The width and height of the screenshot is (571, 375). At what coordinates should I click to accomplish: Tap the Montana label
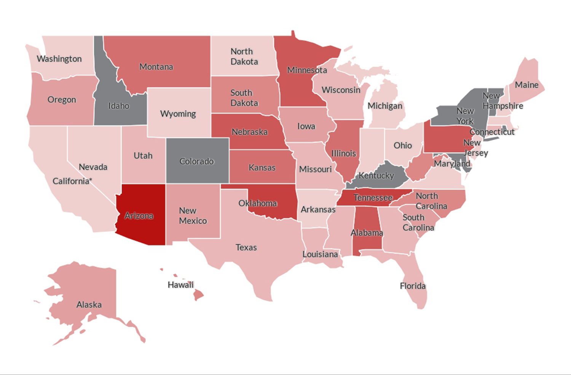tap(156, 67)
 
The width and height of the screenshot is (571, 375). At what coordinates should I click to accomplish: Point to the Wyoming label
tap(178, 113)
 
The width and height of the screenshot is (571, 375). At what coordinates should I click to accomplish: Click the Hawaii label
tap(180, 284)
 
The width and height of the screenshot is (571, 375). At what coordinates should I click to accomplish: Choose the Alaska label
tap(89, 305)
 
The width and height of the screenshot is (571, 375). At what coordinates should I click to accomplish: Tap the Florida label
tap(413, 286)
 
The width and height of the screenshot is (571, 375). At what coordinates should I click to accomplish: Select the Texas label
tap(246, 247)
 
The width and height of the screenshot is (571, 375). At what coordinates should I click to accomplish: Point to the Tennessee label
tap(373, 198)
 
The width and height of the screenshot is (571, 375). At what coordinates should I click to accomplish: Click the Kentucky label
tap(376, 176)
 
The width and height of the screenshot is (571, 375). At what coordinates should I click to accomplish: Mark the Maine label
tap(526, 85)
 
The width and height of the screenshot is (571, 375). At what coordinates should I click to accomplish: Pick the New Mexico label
tap(193, 215)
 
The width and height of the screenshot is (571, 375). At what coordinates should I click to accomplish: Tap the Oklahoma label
tap(257, 203)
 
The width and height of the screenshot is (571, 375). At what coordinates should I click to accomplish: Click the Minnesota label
tap(307, 70)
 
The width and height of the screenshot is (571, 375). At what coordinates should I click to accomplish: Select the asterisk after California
tap(91, 179)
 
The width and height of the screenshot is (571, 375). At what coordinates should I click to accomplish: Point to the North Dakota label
tap(244, 56)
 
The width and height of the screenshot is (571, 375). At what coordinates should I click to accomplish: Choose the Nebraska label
tap(249, 132)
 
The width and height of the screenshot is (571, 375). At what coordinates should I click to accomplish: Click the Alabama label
tap(367, 233)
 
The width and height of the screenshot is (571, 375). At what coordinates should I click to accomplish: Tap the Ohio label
tap(402, 145)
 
